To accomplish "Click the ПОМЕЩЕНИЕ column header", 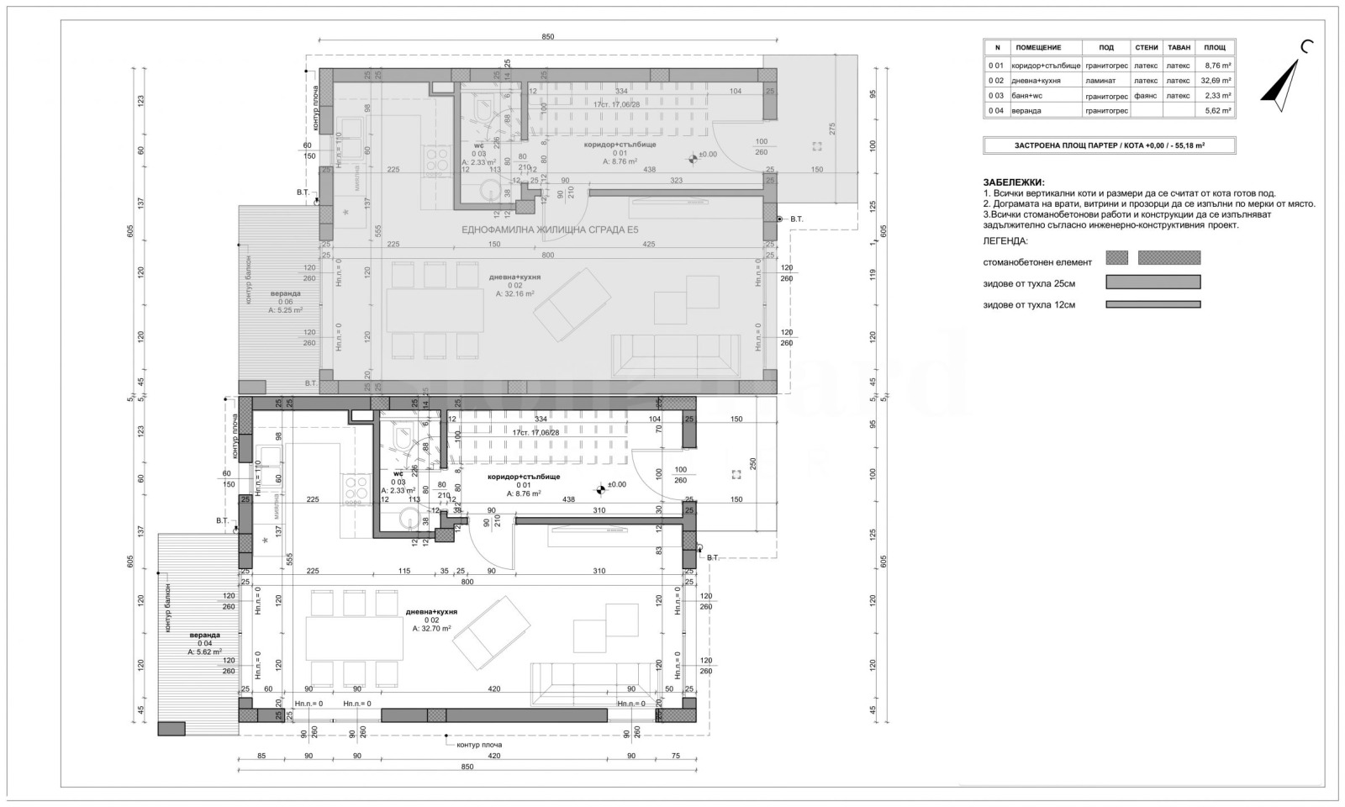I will click(1038, 48).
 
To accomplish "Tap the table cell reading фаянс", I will click(1145, 96).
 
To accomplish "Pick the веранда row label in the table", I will click(1030, 111).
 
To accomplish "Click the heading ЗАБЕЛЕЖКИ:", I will click(1013, 182).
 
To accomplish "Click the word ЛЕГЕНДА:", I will click(1005, 240).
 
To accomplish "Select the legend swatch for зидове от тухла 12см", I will click(1152, 305).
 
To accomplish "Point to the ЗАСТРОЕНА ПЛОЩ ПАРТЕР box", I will click(1109, 145).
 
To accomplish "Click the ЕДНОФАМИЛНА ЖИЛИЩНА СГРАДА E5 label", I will click(551, 229).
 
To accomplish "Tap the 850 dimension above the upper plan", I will click(548, 37).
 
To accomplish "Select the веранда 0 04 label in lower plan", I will click(204, 639).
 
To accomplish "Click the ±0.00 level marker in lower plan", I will click(617, 484).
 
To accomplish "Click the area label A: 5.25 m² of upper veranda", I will click(285, 309).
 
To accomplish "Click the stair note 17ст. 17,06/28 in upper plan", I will click(616, 104).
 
